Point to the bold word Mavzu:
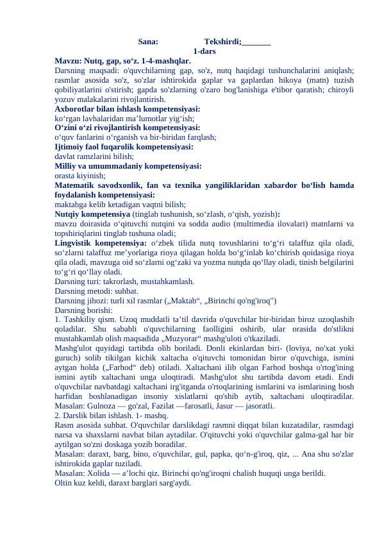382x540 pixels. (x=68, y=60)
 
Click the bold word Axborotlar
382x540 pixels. (x=76, y=109)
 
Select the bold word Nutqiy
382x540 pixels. (x=68, y=214)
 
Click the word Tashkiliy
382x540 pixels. (x=79, y=319)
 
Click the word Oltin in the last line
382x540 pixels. (x=64, y=483)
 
